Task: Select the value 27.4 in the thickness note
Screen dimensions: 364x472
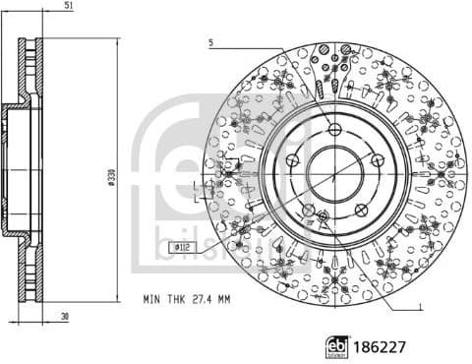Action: click(198, 297)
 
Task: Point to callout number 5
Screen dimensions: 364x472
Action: click(210, 42)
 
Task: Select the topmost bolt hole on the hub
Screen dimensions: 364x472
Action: click(335, 130)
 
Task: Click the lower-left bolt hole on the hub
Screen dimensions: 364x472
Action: click(308, 211)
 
